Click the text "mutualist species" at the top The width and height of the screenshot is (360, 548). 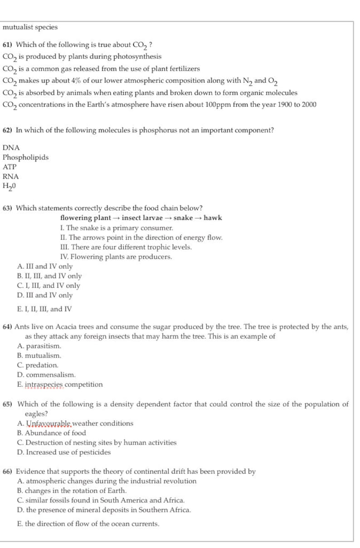30,27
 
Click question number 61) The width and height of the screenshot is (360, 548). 8,45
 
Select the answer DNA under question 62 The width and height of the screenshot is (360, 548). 11,148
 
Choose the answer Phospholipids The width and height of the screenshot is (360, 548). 25,157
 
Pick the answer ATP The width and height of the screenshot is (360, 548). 10,167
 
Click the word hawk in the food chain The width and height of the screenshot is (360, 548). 213,218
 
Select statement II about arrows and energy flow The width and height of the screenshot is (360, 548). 141,238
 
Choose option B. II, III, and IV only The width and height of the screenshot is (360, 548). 49,276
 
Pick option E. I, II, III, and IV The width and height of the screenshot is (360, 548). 44,309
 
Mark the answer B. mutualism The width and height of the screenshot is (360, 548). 39,356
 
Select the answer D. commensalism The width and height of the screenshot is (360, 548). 46,375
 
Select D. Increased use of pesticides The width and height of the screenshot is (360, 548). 63,452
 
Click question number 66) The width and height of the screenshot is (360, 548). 8,471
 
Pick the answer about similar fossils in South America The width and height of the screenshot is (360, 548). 101,500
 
